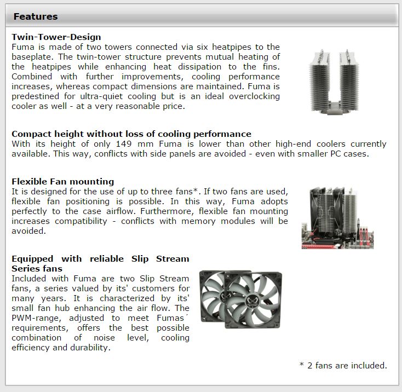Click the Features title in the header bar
point(36,16)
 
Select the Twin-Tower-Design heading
point(56,37)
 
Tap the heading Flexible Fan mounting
point(63,181)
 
